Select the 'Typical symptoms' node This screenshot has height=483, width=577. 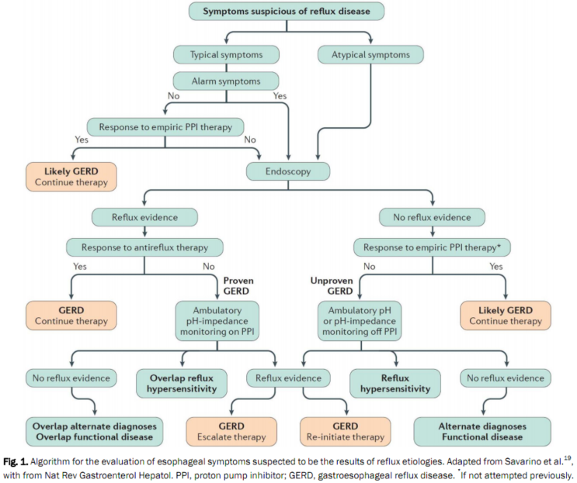pos(225,55)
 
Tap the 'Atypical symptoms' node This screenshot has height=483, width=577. pos(371,55)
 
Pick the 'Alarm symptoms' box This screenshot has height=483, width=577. pos(225,81)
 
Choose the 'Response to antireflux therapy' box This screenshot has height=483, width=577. pos(144,248)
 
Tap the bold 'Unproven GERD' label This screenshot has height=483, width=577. pos(319,286)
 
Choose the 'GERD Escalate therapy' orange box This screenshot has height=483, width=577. pos(231,432)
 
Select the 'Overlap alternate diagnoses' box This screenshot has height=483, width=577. pos(95,432)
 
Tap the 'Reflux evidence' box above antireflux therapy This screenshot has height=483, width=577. pos(144,216)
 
